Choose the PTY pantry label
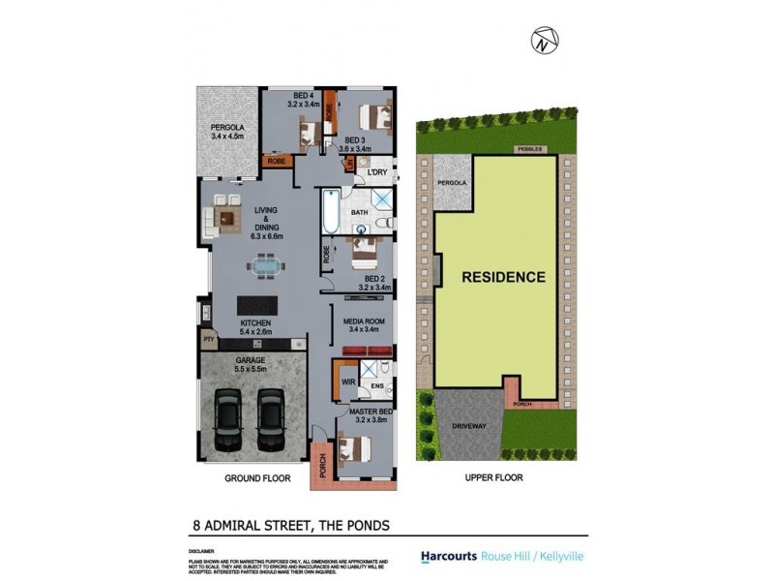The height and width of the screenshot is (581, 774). pyautogui.click(x=208, y=340)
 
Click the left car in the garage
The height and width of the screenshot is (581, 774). pyautogui.click(x=229, y=417)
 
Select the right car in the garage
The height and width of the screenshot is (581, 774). pyautogui.click(x=271, y=417)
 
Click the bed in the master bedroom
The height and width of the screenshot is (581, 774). pyautogui.click(x=355, y=451)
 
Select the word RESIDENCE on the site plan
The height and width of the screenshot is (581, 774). pyautogui.click(x=503, y=277)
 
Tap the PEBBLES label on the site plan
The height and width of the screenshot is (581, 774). pyautogui.click(x=531, y=150)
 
